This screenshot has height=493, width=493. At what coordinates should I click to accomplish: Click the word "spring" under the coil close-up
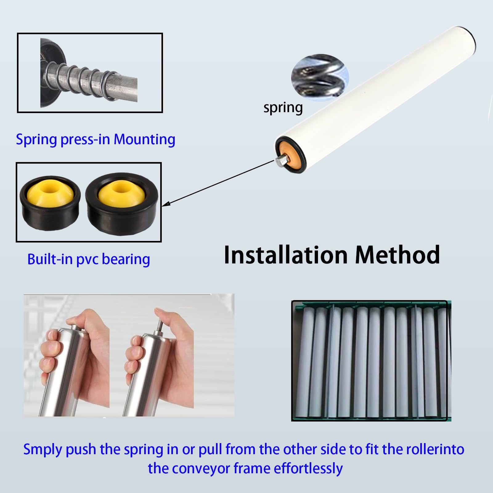click(x=283, y=108)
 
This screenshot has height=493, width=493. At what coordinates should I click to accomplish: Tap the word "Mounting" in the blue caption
click(x=145, y=139)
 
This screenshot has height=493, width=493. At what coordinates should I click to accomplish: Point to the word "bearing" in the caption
click(x=126, y=259)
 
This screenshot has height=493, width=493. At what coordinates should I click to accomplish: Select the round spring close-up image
click(x=320, y=77)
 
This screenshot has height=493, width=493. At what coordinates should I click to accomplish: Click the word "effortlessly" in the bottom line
click(x=308, y=469)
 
